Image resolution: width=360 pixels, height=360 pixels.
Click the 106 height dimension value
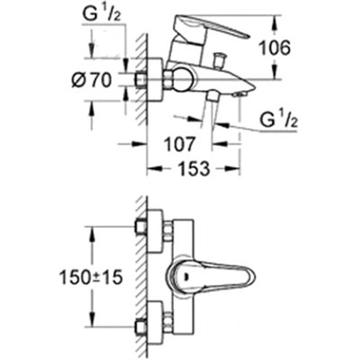pyautogui.click(x=274, y=48)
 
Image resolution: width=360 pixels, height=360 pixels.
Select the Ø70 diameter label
pyautogui.click(x=92, y=80)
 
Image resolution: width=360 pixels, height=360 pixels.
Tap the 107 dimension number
pyautogui.click(x=180, y=144)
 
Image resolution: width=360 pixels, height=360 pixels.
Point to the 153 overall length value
pyautogui.click(x=193, y=168)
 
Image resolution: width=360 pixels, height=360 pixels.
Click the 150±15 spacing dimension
pyautogui.click(x=92, y=277)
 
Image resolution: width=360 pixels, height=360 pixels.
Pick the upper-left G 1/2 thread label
pyautogui.click(x=102, y=14)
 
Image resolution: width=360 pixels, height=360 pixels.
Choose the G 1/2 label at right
pyautogui.click(x=279, y=121)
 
